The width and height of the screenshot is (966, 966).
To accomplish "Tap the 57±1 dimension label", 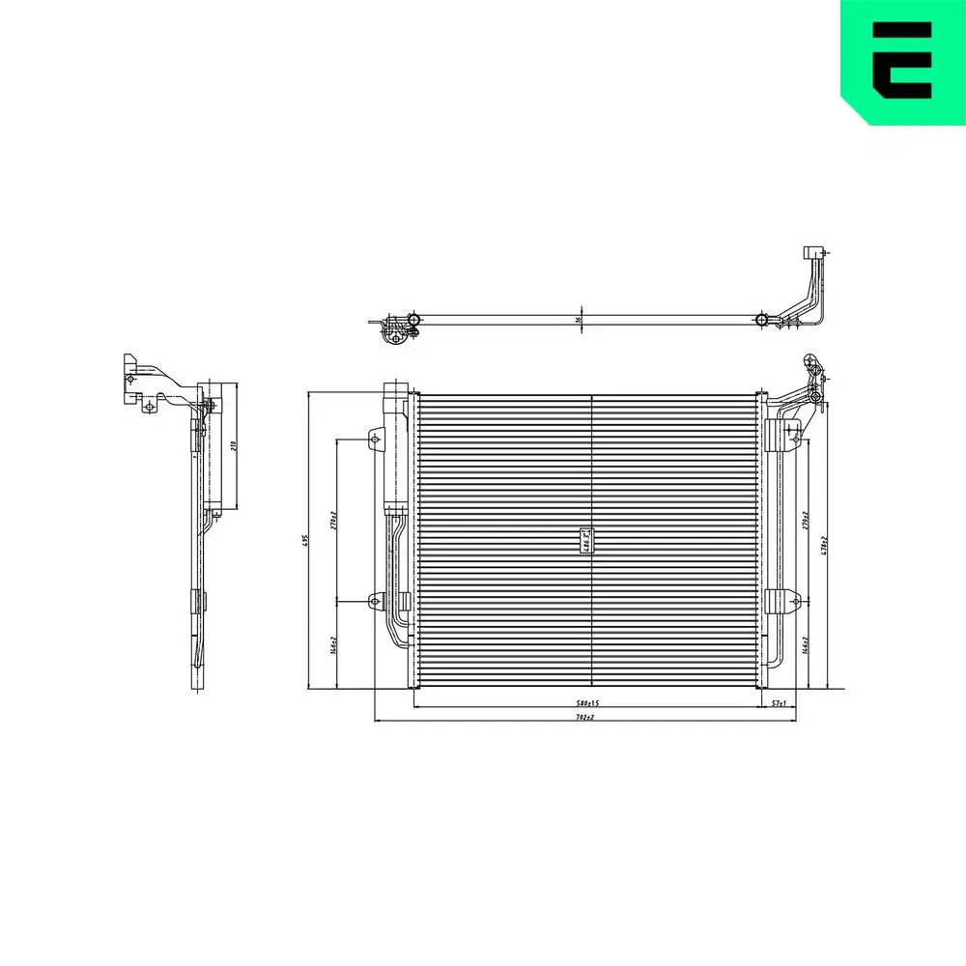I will (779, 703).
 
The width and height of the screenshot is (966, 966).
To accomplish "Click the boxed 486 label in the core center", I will (586, 541).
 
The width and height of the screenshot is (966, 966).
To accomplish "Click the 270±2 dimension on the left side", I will (332, 522).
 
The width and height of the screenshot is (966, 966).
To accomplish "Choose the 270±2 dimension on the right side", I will (805, 523).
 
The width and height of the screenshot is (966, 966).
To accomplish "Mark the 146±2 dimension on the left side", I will (332, 644).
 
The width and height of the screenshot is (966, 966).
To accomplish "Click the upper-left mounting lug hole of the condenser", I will (376, 440).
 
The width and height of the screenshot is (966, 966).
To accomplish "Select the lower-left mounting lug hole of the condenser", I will (376, 601).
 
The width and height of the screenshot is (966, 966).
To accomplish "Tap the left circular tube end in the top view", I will (413, 319).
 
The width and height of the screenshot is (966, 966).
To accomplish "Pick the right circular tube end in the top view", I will (761, 319).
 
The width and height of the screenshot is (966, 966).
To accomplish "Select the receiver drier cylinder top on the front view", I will (397, 390).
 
